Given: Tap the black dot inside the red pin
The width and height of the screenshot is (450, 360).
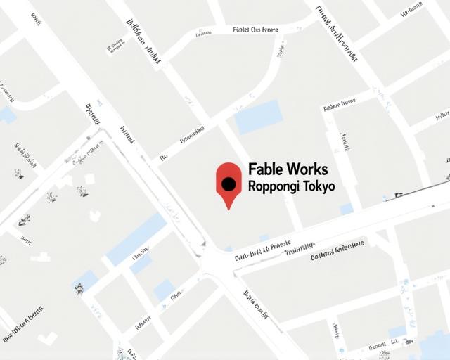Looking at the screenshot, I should [228, 184].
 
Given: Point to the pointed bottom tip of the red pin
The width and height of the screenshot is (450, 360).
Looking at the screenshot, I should [228, 208].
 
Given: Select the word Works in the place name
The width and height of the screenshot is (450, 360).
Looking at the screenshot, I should [307, 169].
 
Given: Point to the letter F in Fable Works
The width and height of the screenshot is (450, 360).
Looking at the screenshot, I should [252, 169].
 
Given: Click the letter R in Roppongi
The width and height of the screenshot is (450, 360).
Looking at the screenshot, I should [252, 186].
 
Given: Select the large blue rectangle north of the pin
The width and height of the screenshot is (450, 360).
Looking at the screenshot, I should [258, 116].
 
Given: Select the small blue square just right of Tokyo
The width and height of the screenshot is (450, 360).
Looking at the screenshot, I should [346, 209].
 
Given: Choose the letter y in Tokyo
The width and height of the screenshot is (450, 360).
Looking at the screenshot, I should [325, 188].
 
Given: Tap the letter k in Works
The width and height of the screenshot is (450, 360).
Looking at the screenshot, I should [317, 169].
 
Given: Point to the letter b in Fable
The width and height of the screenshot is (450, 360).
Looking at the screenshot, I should [269, 169].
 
